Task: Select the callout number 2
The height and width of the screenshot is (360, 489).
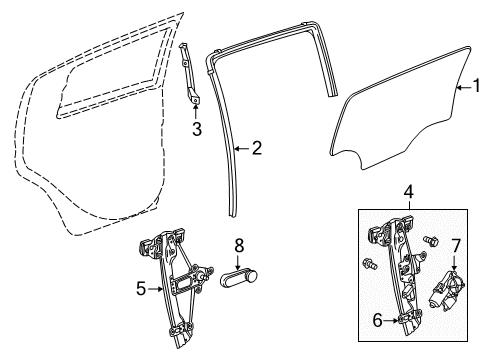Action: pyautogui.click(x=256, y=148)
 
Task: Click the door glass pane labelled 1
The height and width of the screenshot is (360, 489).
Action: pyautogui.click(x=400, y=120)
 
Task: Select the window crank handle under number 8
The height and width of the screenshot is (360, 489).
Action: pyautogui.click(x=237, y=277)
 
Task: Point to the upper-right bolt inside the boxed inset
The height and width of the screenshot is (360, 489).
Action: pyautogui.click(x=433, y=241)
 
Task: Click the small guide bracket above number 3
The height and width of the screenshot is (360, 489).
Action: pyautogui.click(x=192, y=75)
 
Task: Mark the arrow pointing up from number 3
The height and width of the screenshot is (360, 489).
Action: pyautogui.click(x=197, y=109)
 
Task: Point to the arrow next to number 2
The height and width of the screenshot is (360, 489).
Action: pyautogui.click(x=240, y=148)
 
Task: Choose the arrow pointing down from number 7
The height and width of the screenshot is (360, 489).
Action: pyautogui.click(x=456, y=263)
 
